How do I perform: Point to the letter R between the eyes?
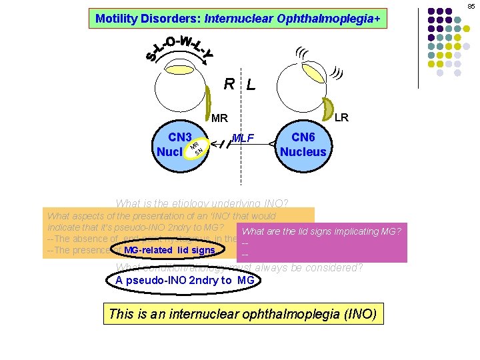coord(229,84)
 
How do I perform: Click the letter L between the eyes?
coord(251,85)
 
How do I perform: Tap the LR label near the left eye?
coord(341,117)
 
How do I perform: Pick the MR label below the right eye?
coord(219,119)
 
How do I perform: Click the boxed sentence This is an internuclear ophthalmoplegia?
coord(243,313)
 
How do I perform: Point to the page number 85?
coord(471,6)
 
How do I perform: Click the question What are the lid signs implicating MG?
coord(321,231)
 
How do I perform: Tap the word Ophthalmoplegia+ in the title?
coord(337,18)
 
